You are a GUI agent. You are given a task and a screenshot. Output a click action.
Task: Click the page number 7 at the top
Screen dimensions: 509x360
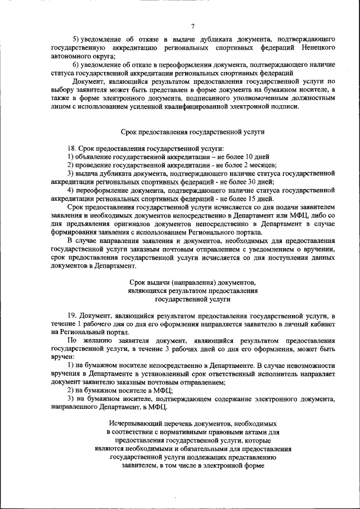pyautogui.click(x=193, y=26)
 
